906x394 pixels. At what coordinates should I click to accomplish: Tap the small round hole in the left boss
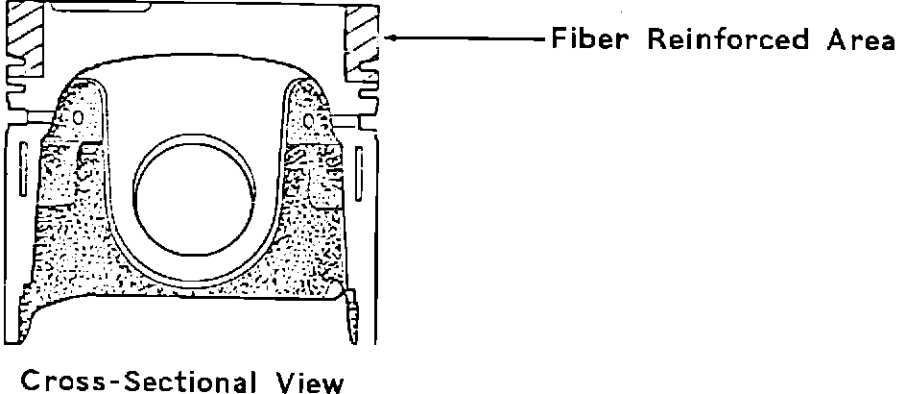pos(78,117)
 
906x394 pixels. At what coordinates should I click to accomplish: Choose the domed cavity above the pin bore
pos(192,96)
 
